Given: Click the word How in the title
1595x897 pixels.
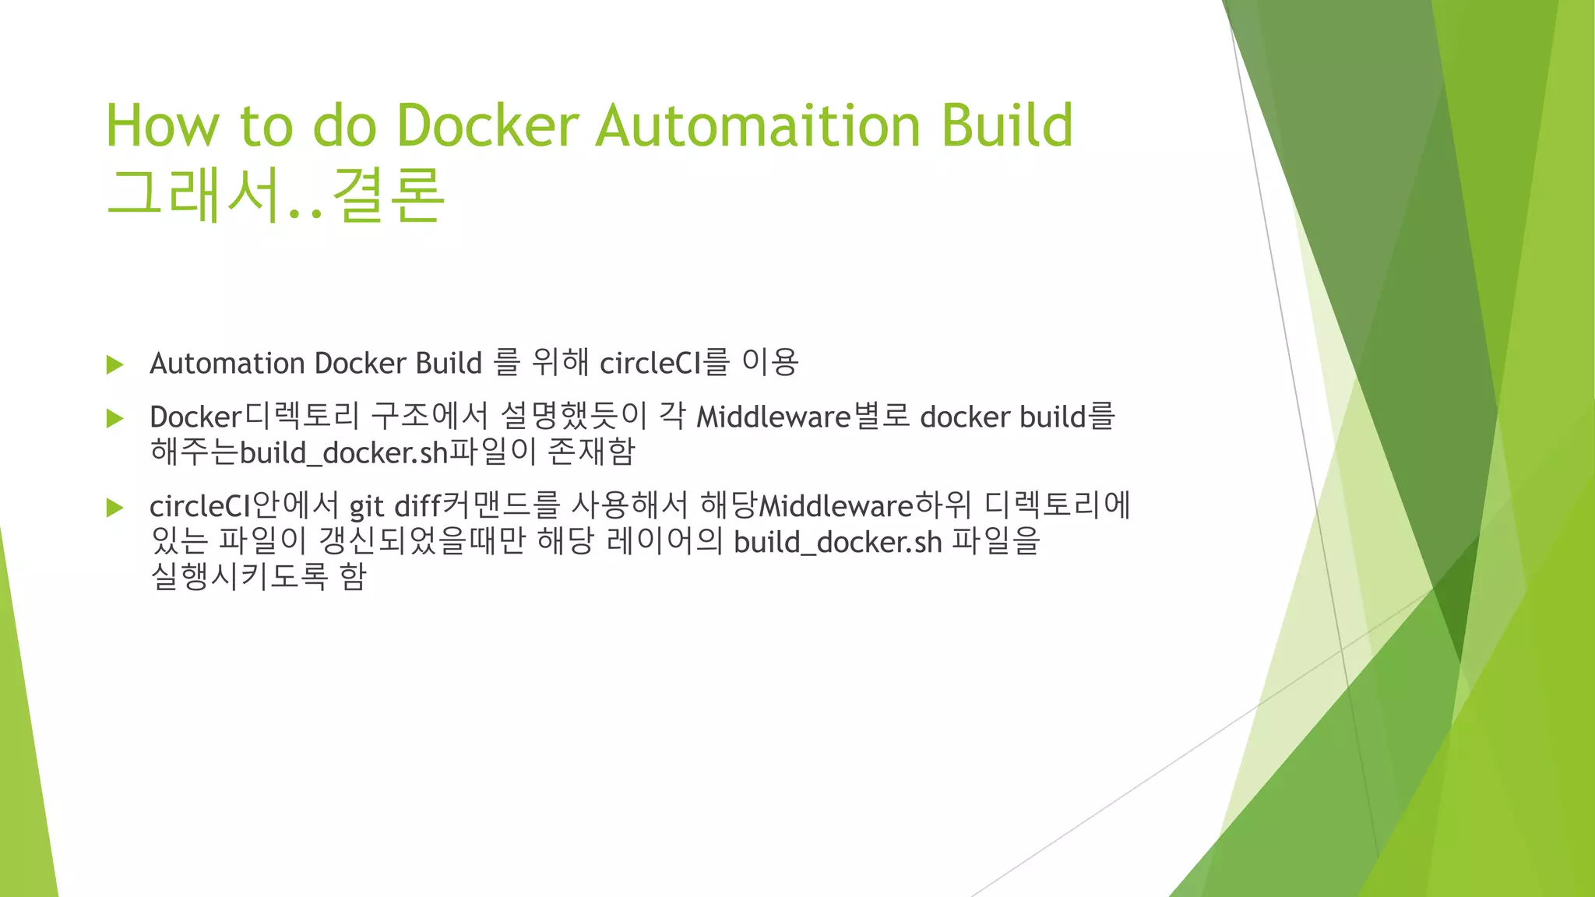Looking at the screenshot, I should coord(163,125).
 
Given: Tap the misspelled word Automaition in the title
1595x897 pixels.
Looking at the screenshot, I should coord(758,125).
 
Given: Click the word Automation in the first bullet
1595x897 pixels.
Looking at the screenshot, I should coord(227,364).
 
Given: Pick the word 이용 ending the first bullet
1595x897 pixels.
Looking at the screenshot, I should coord(769,363).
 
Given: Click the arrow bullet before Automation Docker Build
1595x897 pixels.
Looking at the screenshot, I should coord(115,364).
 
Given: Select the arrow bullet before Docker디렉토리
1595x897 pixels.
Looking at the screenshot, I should coord(115,419).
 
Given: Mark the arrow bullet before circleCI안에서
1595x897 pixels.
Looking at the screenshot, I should coord(115,508).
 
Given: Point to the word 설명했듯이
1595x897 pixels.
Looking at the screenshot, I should coord(573,417).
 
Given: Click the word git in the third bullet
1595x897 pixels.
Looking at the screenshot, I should coord(366,508).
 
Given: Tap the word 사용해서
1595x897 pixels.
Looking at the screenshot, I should coord(629,506).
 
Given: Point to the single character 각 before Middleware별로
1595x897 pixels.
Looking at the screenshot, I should coord(672,417).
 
